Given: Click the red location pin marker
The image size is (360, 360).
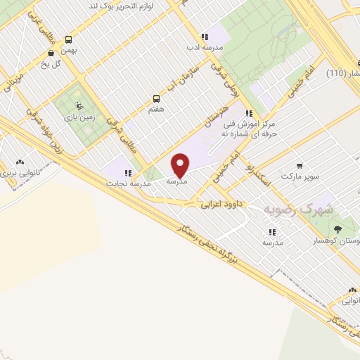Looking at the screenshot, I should [181, 165].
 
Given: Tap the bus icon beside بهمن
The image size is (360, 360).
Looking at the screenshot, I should [69, 40].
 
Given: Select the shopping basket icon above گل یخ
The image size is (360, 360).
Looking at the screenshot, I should [51, 53].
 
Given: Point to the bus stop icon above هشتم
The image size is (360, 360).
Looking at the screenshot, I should [155, 99].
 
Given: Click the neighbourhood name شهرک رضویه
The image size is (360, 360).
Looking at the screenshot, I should [296, 210].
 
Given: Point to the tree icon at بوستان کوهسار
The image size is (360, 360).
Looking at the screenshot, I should [337, 229].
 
